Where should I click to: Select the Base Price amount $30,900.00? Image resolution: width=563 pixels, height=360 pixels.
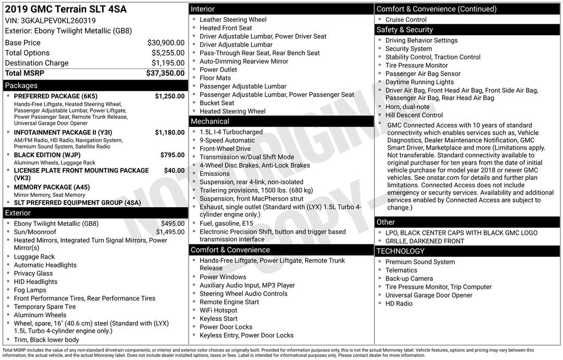click(x=165, y=42)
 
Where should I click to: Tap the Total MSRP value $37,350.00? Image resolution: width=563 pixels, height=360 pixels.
click(x=165, y=73)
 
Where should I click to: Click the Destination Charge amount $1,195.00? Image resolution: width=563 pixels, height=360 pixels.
click(x=168, y=63)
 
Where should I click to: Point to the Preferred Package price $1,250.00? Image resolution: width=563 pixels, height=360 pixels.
click(x=169, y=96)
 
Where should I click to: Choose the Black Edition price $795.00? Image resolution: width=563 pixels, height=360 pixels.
click(x=172, y=155)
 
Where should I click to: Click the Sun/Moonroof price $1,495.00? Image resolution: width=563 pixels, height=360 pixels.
click(x=170, y=232)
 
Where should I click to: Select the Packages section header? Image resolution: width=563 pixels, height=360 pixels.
click(x=21, y=85)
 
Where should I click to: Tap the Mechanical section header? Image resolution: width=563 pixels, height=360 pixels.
click(x=210, y=121)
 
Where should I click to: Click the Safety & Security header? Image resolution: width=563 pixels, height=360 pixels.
click(x=405, y=30)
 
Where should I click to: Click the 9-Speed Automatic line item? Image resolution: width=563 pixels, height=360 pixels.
click(x=227, y=140)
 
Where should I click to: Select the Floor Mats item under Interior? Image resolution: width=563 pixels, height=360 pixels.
click(x=215, y=78)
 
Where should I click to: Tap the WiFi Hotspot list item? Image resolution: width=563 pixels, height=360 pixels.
click(x=218, y=310)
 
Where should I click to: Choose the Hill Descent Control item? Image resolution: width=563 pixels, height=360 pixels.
click(x=414, y=115)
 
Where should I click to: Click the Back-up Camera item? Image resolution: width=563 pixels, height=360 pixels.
click(x=409, y=279)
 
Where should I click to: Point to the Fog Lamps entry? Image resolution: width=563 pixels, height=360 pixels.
click(x=30, y=290)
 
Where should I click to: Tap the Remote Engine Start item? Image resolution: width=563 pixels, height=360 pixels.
click(x=229, y=302)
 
